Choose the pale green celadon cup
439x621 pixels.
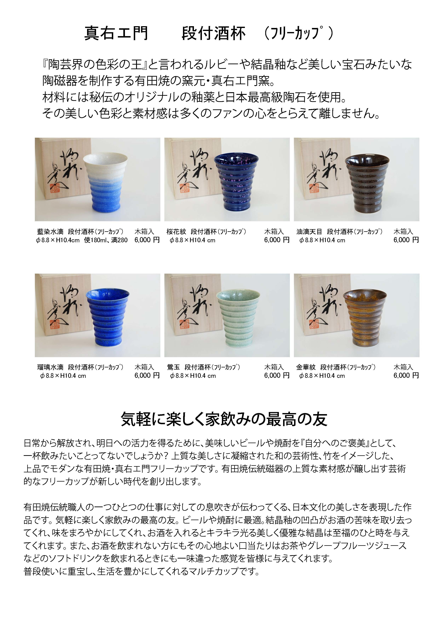pos(238,319)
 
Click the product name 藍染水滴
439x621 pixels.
pos(50,231)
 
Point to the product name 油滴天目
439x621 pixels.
pos(309,231)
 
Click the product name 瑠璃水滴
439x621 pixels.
pos(50,367)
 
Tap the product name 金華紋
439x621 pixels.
pos(306,367)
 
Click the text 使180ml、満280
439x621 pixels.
pos(106,240)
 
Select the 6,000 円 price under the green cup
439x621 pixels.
pos(276,375)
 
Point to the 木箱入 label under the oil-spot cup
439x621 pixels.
pos(403,231)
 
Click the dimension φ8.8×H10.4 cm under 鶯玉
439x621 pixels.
pos(193,376)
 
